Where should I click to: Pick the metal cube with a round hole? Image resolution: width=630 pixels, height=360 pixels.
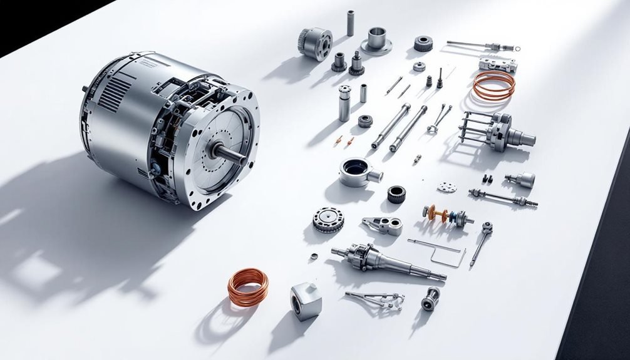click(x=306, y=301)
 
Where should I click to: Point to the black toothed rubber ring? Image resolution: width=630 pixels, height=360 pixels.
click(x=396, y=194)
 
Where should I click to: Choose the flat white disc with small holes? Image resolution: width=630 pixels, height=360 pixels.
click(x=447, y=187)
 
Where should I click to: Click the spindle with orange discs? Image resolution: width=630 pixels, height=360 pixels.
click(x=447, y=216)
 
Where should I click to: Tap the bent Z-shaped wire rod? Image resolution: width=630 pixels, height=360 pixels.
click(x=438, y=250)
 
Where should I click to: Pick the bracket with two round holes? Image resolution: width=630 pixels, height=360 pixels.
click(x=383, y=224)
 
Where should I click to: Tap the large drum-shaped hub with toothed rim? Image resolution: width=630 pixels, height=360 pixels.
click(x=316, y=43)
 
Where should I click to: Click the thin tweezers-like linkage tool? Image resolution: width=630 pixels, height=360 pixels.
click(x=376, y=299)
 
